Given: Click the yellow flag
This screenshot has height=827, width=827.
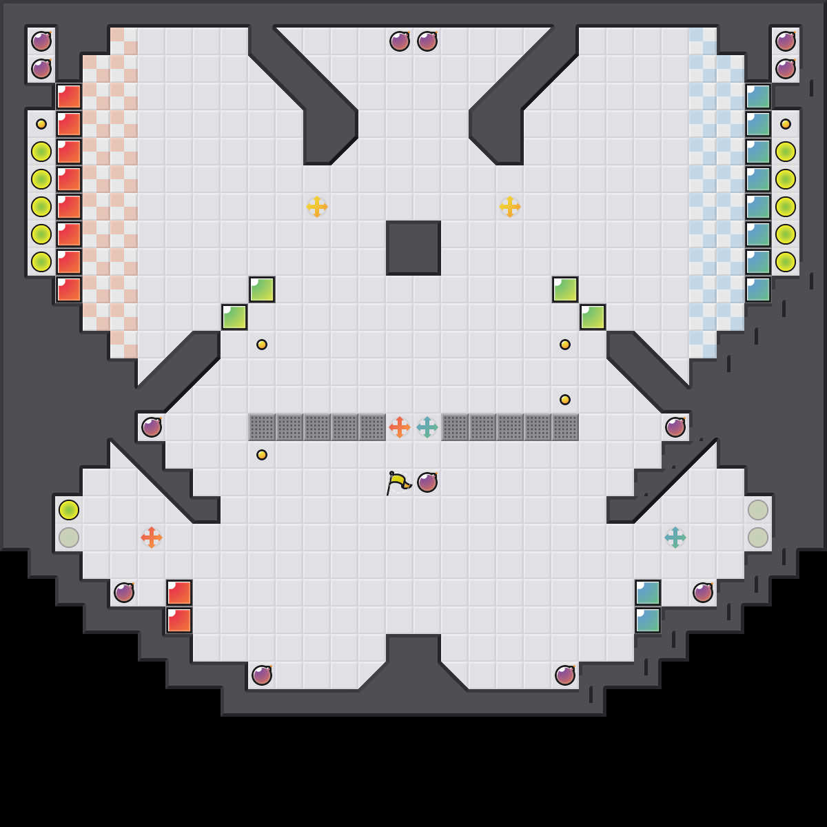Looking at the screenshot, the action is [x=398, y=482].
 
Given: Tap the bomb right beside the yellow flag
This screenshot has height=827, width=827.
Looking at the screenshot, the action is [x=427, y=482].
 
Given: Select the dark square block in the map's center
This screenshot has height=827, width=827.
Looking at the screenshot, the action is [x=413, y=248].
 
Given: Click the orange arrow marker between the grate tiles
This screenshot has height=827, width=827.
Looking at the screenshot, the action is [x=400, y=427].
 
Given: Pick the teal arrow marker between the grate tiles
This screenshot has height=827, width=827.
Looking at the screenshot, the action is [x=427, y=427].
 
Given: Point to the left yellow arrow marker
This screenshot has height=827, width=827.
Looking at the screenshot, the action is [x=317, y=207].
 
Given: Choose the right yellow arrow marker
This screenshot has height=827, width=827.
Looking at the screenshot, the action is [x=510, y=207].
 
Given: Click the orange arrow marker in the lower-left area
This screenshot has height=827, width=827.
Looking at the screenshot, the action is [x=152, y=538].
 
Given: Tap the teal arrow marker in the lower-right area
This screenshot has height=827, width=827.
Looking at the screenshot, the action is [x=675, y=538].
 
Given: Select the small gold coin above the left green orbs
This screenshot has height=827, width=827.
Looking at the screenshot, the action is [x=41, y=124].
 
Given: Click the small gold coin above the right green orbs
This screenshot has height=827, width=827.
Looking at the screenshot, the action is [x=786, y=124].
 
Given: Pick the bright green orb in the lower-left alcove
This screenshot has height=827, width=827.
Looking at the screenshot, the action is [x=69, y=510].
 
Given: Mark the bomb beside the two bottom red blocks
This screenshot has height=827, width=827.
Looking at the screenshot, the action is [x=124, y=593].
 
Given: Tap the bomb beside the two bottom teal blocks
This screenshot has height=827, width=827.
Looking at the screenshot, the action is [x=703, y=593].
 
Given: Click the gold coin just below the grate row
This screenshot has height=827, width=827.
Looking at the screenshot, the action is [x=262, y=455].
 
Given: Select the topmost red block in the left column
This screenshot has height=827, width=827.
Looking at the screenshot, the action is [x=69, y=96].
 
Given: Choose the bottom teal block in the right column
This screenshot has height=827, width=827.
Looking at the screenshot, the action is [x=758, y=289].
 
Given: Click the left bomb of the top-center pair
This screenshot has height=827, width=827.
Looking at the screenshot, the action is [x=400, y=41].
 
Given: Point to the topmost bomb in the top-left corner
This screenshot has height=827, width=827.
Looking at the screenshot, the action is [x=41, y=41].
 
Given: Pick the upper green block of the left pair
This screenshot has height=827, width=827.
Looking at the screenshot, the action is [x=262, y=289].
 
